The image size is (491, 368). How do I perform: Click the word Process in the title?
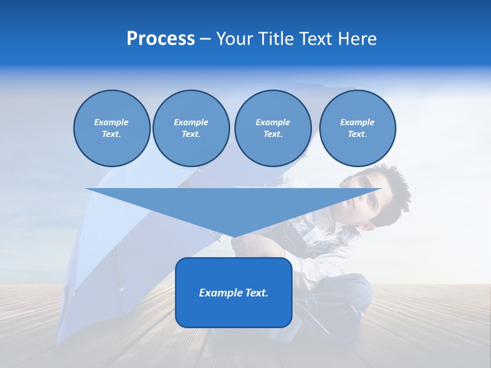pyautogui.click(x=161, y=39)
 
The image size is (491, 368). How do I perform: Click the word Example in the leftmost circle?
pyautogui.click(x=111, y=122)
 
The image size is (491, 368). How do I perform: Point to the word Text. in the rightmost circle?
pyautogui.click(x=357, y=134)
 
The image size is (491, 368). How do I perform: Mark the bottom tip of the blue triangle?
pyautogui.click(x=234, y=237)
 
